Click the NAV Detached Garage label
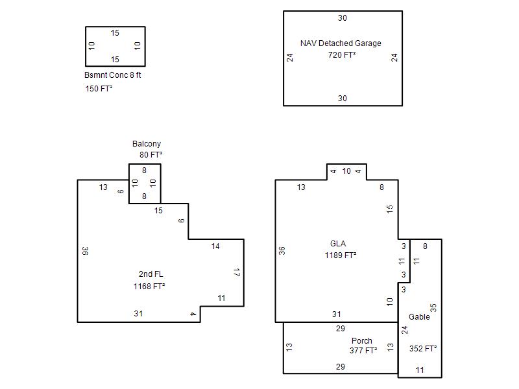point(341,43)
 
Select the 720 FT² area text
point(342,55)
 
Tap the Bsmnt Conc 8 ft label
point(112,75)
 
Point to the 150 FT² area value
point(99,89)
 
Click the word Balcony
point(147,144)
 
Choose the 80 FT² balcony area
point(151,155)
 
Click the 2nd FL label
point(151,274)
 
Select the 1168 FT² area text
point(149,287)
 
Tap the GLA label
point(338,244)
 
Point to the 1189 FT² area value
point(340,255)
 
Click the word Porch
point(362,341)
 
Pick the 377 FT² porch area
point(363,351)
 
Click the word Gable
point(419,317)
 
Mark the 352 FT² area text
point(423,349)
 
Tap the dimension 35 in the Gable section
point(433,307)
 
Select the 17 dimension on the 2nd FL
point(236,272)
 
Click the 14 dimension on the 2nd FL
point(215,246)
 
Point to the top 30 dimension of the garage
point(343,18)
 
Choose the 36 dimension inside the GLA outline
point(282,251)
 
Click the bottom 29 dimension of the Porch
point(340,366)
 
